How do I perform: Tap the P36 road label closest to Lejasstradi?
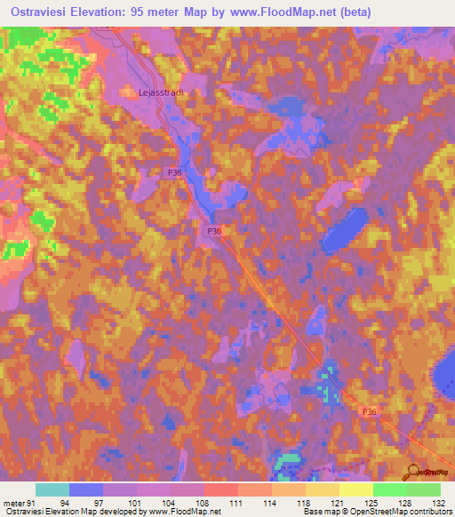174,173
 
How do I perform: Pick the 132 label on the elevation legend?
437,503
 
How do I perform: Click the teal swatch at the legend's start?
52,489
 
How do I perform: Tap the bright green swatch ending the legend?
424,489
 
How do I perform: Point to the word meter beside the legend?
12,503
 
